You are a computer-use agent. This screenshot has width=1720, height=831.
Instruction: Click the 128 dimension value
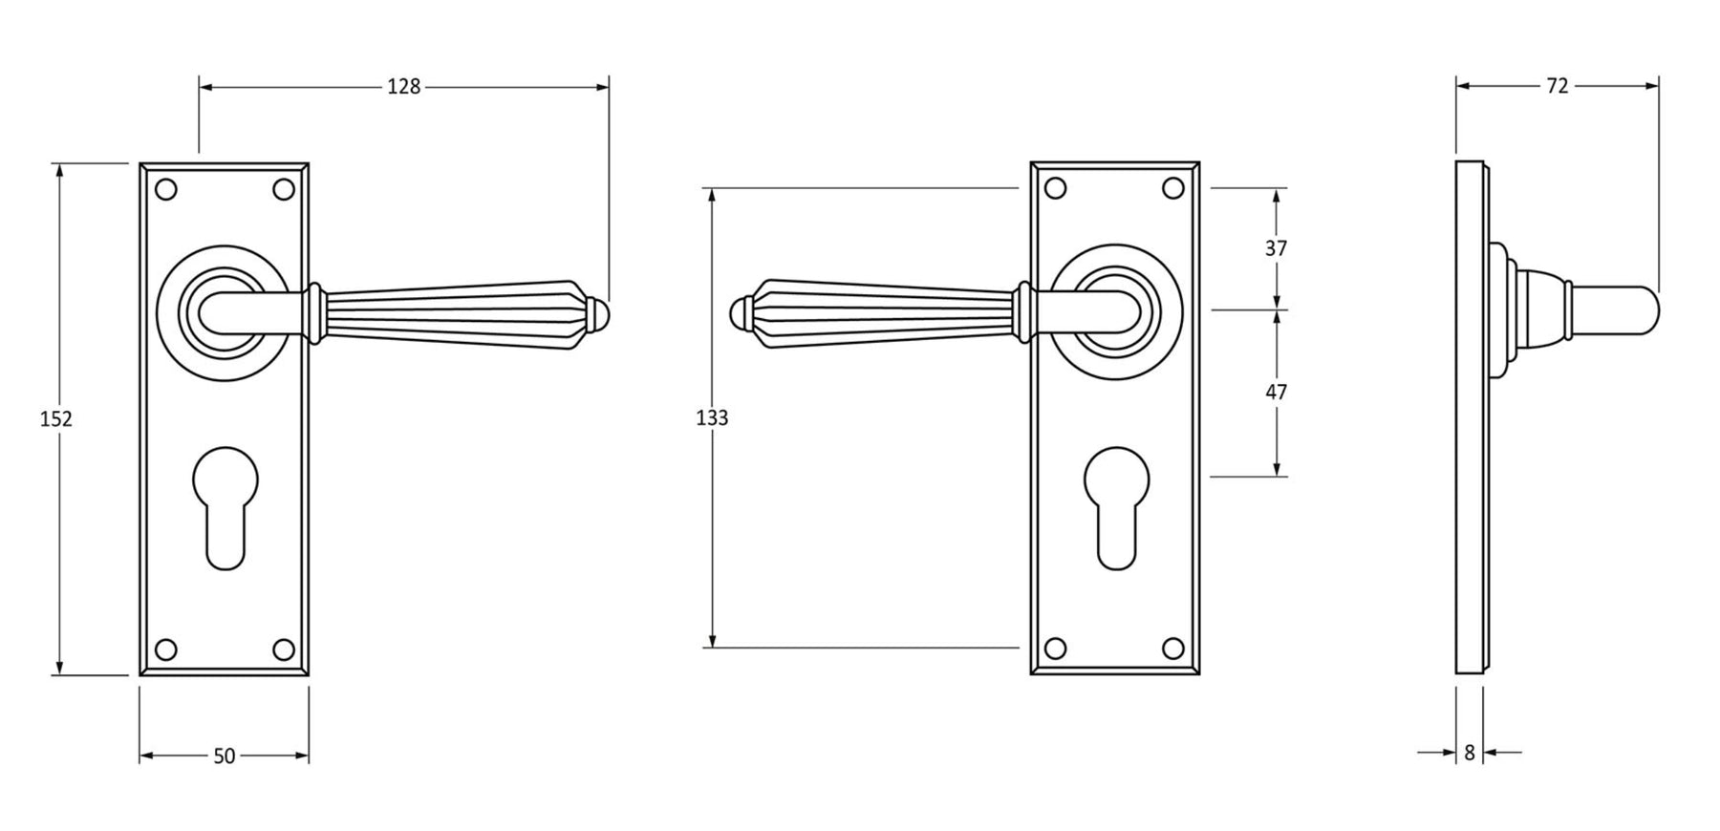[403, 87]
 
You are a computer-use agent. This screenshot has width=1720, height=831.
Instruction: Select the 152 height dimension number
[56, 418]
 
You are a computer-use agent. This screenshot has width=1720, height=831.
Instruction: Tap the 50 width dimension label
[224, 756]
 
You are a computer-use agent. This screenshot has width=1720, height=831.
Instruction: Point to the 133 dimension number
[712, 417]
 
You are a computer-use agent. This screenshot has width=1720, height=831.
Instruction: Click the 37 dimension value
[1276, 248]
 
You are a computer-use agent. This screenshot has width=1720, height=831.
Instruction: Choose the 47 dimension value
[1276, 392]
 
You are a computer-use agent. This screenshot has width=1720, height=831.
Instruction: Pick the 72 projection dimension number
[1557, 86]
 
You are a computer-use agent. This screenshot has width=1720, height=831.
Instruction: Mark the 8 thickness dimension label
[1470, 753]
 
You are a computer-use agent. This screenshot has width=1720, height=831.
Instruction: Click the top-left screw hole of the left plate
[166, 189]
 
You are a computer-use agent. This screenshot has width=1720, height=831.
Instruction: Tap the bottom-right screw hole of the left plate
[283, 650]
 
